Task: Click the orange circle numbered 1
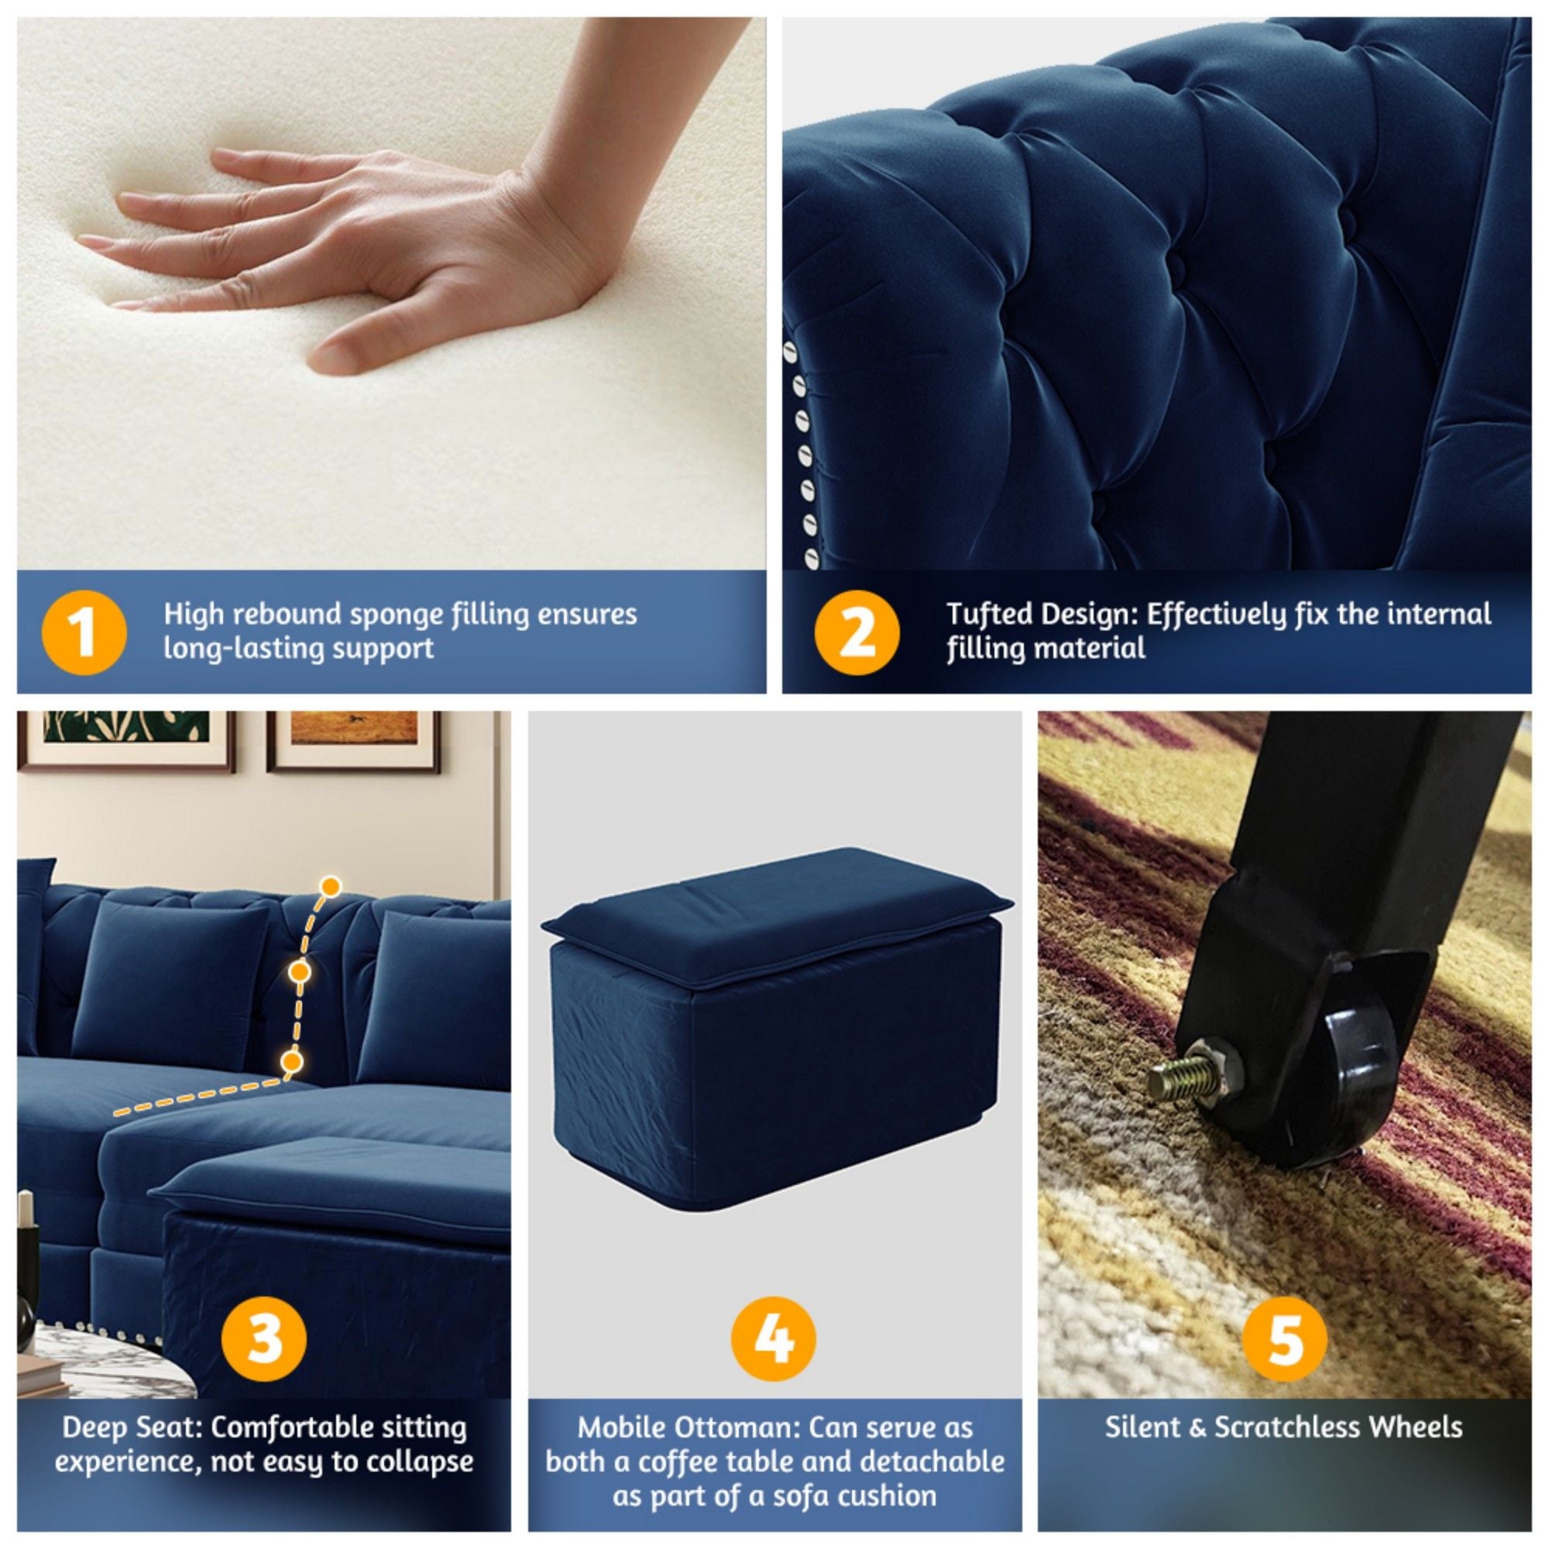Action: [x=84, y=633]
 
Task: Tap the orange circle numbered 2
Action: [x=857, y=633]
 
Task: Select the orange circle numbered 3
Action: [x=264, y=1338]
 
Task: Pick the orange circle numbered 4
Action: [x=774, y=1338]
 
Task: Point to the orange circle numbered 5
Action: [x=1284, y=1338]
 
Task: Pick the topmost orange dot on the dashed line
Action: [x=331, y=887]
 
